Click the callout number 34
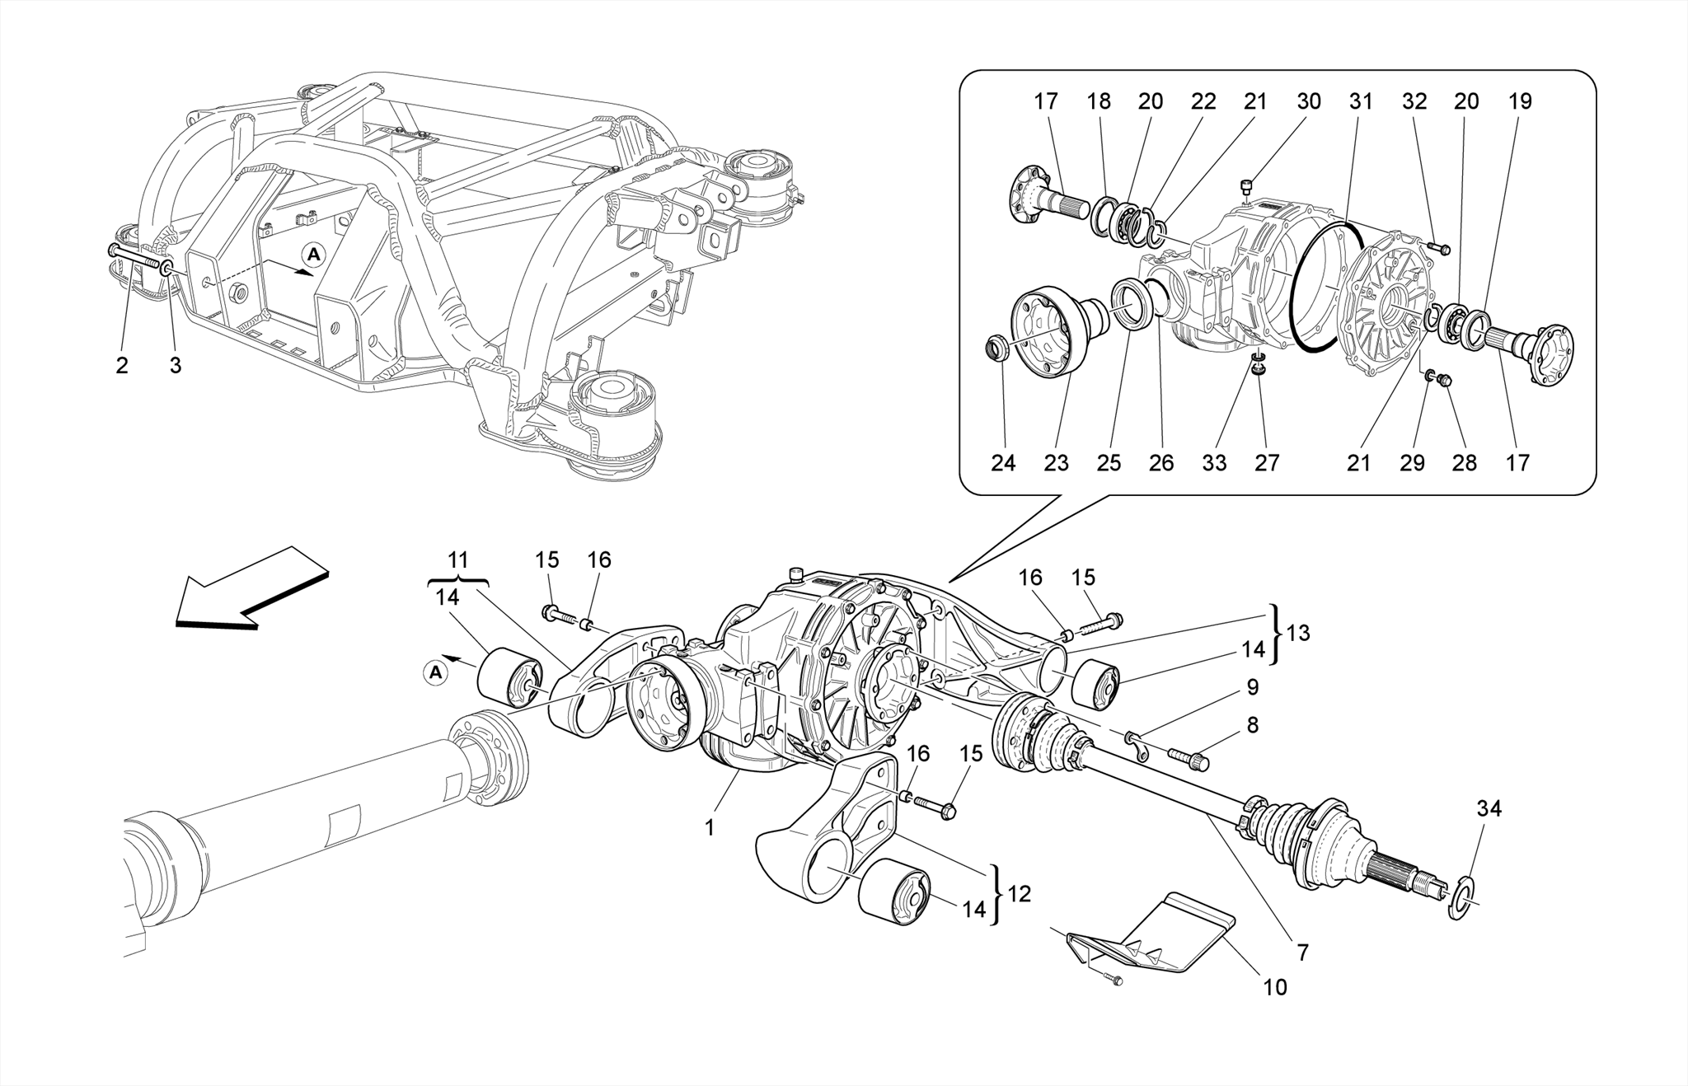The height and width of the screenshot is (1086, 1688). (x=1489, y=809)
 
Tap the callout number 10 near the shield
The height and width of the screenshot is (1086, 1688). (x=1274, y=986)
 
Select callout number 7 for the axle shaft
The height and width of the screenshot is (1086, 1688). (x=1302, y=953)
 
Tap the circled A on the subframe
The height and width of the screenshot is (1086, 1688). (x=313, y=255)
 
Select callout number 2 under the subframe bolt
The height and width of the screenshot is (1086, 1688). (x=122, y=366)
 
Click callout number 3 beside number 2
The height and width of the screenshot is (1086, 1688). (x=175, y=366)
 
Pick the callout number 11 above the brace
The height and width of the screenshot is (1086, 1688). (x=457, y=560)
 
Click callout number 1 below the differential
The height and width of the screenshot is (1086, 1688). (x=710, y=827)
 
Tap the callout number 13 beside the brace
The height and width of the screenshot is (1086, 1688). (x=1297, y=633)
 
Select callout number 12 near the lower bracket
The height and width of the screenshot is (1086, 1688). (x=1020, y=893)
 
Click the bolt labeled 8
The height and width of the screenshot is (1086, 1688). (x=1188, y=756)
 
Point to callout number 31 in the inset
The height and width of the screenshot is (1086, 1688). (x=1361, y=101)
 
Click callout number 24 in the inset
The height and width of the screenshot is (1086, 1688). (x=1003, y=463)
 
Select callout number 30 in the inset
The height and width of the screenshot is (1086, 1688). (x=1308, y=101)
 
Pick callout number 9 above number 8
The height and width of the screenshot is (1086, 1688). (x=1252, y=686)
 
